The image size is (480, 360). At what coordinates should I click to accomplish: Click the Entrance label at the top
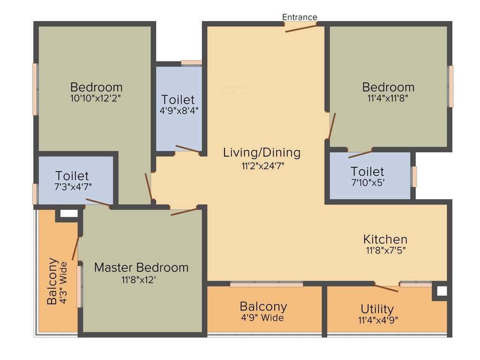coord(300,17)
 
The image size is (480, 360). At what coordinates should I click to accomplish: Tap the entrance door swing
coord(300,28)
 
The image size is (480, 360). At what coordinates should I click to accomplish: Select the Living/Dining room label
coord(262,152)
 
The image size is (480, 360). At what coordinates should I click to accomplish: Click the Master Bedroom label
coord(141,268)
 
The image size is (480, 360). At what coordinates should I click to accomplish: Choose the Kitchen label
coord(385,239)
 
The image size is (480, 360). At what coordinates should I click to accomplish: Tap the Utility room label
coord(377,309)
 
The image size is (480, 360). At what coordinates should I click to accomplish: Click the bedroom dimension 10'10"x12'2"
coord(96,98)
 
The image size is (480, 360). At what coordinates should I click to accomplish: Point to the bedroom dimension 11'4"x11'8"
coord(388,98)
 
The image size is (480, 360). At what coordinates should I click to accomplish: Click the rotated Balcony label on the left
coord(53,281)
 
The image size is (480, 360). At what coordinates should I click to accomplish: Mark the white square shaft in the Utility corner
coord(441,291)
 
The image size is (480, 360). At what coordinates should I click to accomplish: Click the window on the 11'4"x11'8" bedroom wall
coord(451,86)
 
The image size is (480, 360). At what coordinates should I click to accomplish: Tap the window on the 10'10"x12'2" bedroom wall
coord(35,89)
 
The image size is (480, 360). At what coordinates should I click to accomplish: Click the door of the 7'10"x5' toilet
coord(360,154)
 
